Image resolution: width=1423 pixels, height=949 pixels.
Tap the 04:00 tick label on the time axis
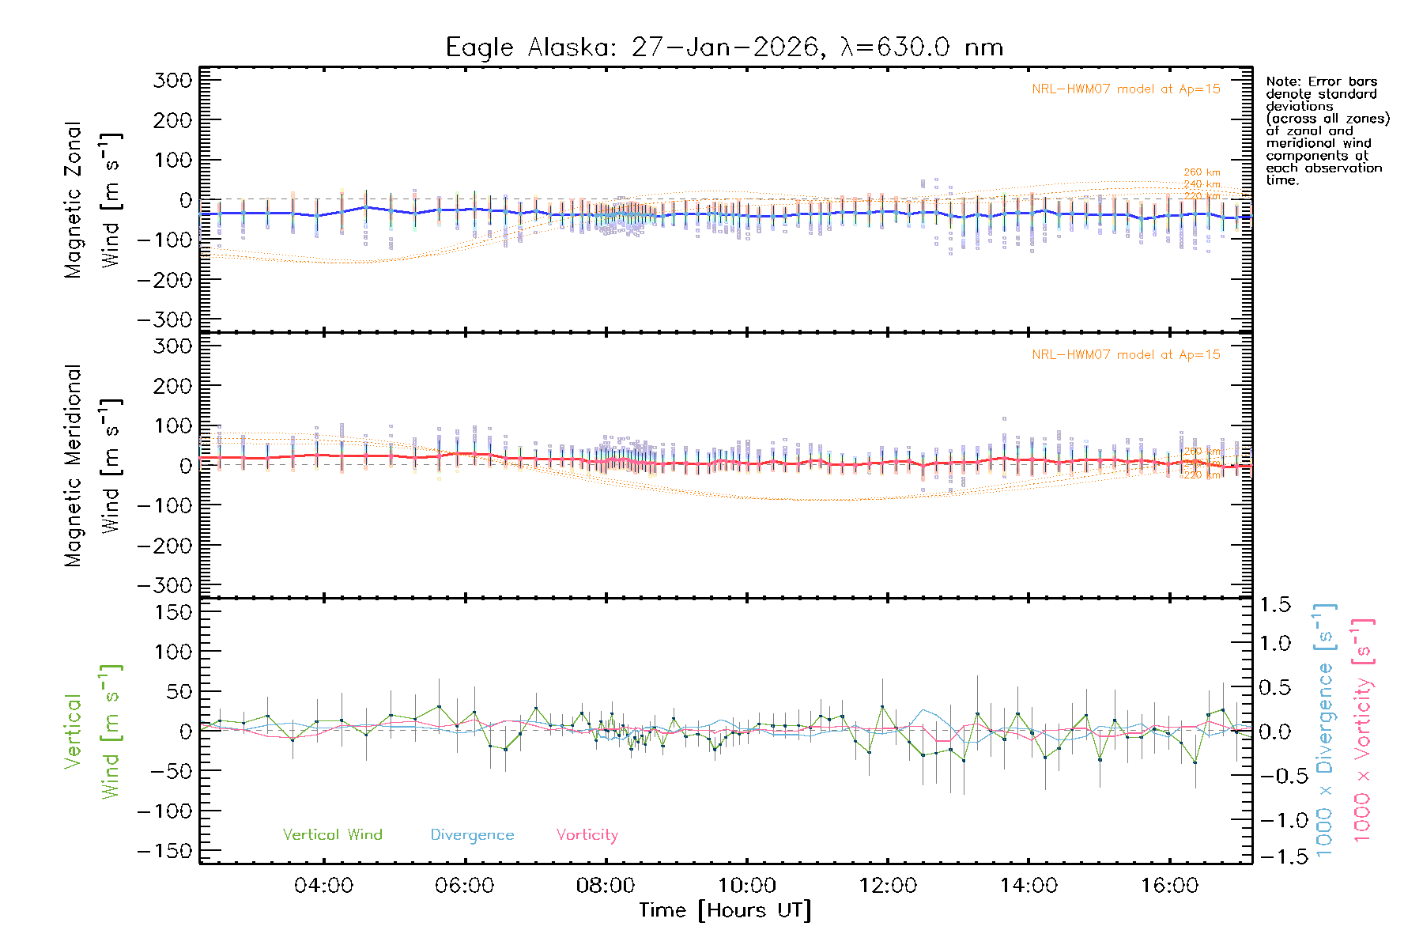click(x=323, y=886)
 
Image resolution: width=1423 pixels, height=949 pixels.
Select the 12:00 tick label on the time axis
click(x=888, y=886)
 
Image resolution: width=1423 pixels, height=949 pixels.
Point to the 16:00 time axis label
click(x=1169, y=886)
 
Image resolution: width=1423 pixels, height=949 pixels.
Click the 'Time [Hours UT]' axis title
click(x=725, y=911)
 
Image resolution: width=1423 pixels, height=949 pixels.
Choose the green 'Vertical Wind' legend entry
click(x=332, y=835)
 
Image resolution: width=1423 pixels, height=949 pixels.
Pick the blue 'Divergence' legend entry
click(x=472, y=835)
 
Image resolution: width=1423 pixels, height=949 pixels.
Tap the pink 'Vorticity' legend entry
click(x=587, y=835)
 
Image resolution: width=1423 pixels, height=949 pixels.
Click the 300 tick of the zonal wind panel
click(x=172, y=81)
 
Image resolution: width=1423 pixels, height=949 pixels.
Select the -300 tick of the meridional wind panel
click(x=164, y=586)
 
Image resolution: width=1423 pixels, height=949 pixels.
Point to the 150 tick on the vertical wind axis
click(x=172, y=612)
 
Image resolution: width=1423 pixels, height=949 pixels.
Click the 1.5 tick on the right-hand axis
click(x=1274, y=605)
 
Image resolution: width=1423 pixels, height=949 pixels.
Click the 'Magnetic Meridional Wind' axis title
click(x=92, y=466)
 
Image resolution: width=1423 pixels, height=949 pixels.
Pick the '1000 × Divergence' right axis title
click(x=1324, y=730)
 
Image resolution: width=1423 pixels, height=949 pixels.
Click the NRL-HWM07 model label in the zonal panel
click(x=1126, y=89)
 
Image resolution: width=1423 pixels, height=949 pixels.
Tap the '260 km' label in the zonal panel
click(x=1202, y=172)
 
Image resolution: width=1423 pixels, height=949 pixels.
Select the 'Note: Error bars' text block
click(x=1327, y=130)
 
